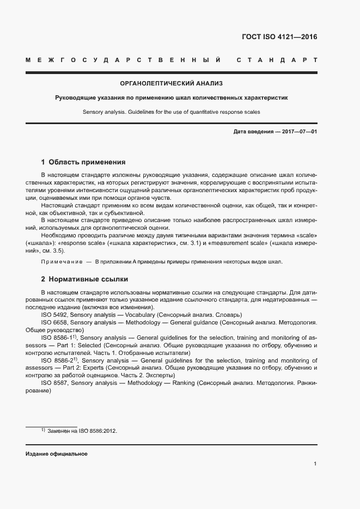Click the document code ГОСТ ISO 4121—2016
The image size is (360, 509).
click(279, 38)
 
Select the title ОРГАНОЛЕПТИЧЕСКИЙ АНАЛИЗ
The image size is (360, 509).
click(172, 83)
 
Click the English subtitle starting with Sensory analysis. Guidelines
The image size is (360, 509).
click(172, 112)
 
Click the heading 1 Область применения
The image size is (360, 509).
click(83, 162)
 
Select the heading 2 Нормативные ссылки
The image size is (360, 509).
click(84, 279)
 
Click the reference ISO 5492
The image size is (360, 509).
click(54, 315)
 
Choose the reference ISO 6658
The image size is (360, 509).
click(54, 323)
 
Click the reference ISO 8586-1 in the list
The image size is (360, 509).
click(56, 338)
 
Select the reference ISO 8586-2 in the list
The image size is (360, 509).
click(56, 360)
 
